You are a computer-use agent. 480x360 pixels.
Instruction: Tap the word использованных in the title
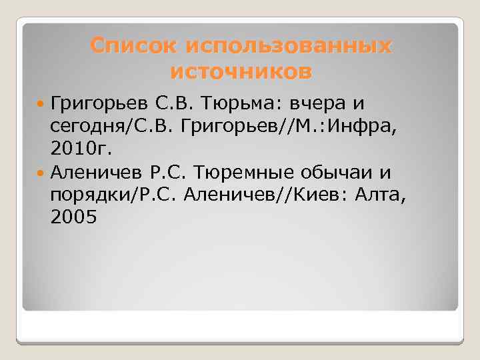290,46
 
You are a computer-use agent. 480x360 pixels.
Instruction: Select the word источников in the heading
241,70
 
